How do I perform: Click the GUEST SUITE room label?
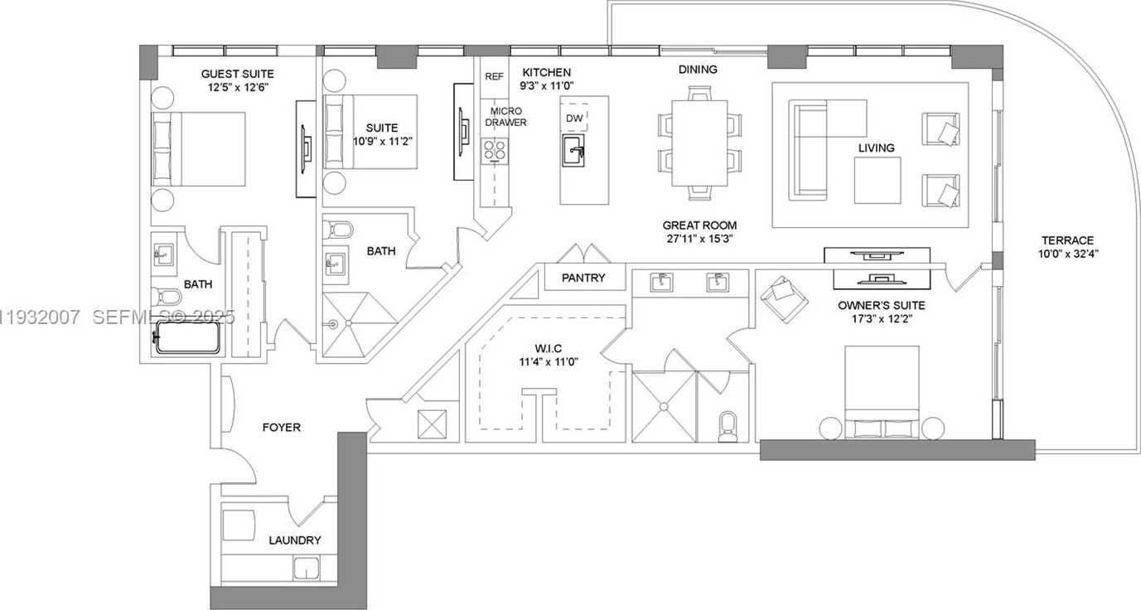(237, 74)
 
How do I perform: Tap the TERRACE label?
(1068, 240)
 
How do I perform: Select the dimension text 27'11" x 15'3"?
(699, 239)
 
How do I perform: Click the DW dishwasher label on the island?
(574, 119)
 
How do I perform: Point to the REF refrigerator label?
(494, 76)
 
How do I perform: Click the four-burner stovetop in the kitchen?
(496, 149)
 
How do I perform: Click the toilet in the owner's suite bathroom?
(728, 424)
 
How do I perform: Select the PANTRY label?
(583, 278)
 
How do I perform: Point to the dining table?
(699, 143)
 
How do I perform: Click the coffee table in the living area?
(877, 180)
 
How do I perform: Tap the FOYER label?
(281, 427)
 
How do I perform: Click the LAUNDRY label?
(294, 540)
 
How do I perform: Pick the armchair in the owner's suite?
(784, 298)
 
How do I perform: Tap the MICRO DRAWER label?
(506, 117)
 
